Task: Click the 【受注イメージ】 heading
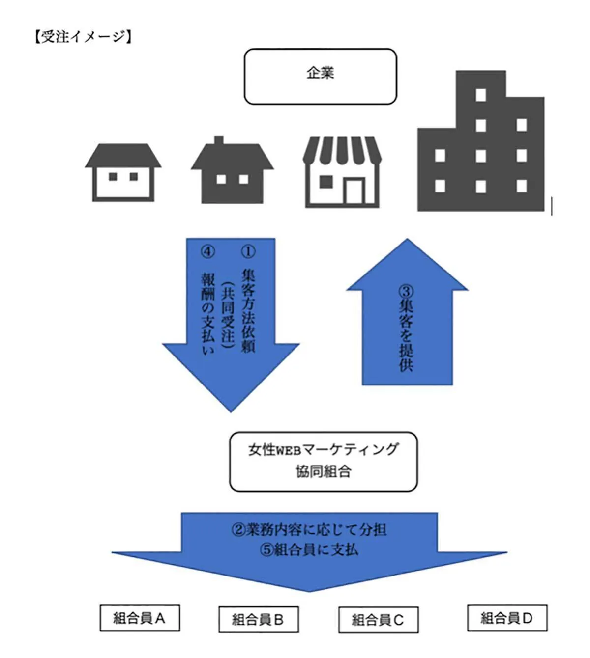[x=83, y=37]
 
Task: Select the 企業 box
[x=320, y=76]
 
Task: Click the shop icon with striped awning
[x=342, y=172]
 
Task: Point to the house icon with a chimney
[x=232, y=172]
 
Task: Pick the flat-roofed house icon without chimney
[x=123, y=173]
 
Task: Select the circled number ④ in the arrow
[x=208, y=251]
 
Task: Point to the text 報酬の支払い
[x=208, y=314]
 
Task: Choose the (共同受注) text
[x=228, y=314]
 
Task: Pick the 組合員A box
[x=139, y=618]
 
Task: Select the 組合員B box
[x=258, y=620]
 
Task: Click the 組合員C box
[x=378, y=620]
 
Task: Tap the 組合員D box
[x=507, y=618]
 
